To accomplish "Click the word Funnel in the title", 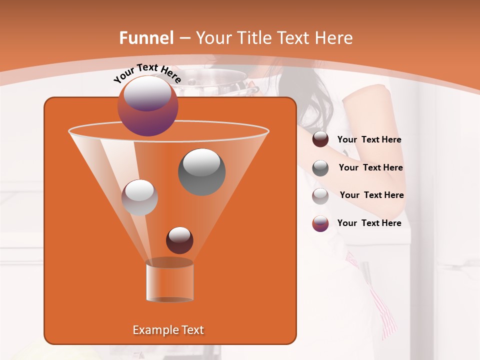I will pyautogui.click(x=146, y=38).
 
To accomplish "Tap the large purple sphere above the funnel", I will pyautogui.click(x=147, y=105).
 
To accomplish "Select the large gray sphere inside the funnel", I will pyautogui.click(x=202, y=171).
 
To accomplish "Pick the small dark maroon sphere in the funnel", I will pyautogui.click(x=179, y=240).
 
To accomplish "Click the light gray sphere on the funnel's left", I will pyautogui.click(x=140, y=197).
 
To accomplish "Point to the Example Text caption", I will pyautogui.click(x=168, y=330).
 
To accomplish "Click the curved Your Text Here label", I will pyautogui.click(x=147, y=73).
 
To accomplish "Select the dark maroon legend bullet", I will pyautogui.click(x=320, y=139).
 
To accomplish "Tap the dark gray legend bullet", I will pyautogui.click(x=320, y=167).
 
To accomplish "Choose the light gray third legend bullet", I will pyautogui.click(x=320, y=195).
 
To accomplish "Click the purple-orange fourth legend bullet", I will pyautogui.click(x=320, y=223).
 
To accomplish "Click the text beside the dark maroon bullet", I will pyautogui.click(x=369, y=140).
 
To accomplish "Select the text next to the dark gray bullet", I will pyautogui.click(x=370, y=167).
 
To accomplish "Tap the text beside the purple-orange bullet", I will pyautogui.click(x=369, y=223).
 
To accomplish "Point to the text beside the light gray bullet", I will pyautogui.click(x=371, y=195).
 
